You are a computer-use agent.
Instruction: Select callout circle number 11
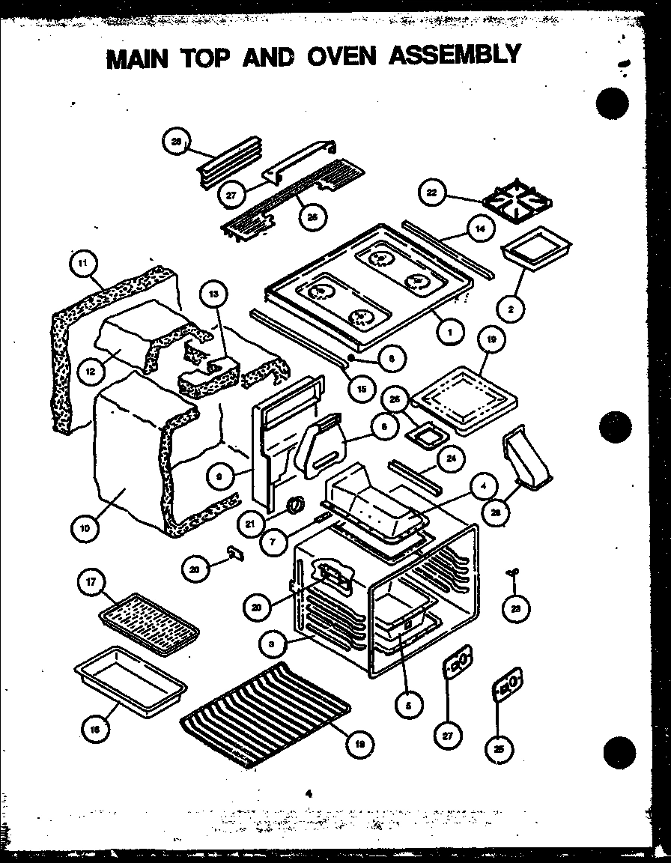(83, 263)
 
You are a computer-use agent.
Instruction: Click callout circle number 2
(511, 307)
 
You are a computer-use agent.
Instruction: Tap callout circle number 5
(409, 703)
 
